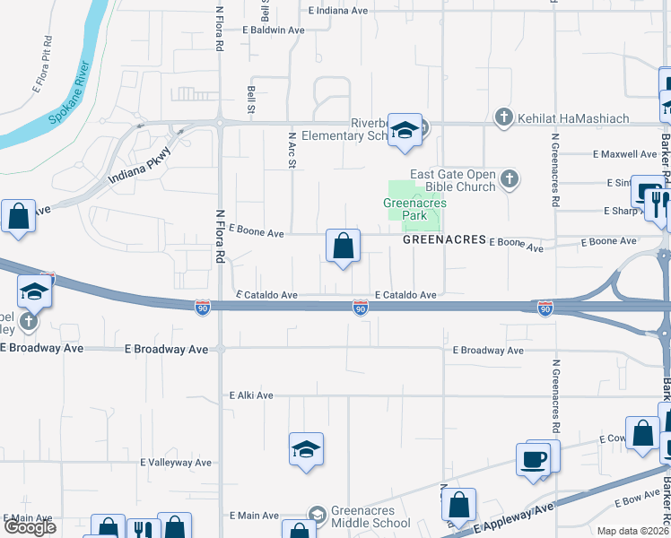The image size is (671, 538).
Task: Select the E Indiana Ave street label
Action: pyautogui.click(x=338, y=11)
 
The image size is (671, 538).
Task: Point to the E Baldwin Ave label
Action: pyautogui.click(x=274, y=30)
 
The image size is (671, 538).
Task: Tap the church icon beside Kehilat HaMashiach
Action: pyautogui.click(x=504, y=117)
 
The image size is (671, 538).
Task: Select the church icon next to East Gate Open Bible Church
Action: pyautogui.click(x=510, y=179)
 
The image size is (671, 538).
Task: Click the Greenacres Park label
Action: pyautogui.click(x=414, y=209)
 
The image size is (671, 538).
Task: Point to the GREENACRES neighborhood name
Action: pyautogui.click(x=444, y=240)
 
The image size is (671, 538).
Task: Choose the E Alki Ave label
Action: pyautogui.click(x=250, y=395)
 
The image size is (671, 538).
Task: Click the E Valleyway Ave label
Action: pyautogui.click(x=176, y=463)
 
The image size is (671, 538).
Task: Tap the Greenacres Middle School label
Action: pyautogui.click(x=370, y=516)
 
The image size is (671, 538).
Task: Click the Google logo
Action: pyautogui.click(x=30, y=527)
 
